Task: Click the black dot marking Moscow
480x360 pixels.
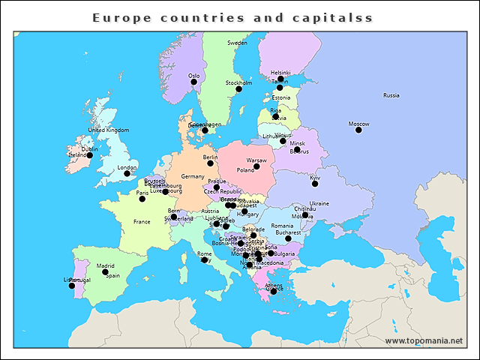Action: [358, 130]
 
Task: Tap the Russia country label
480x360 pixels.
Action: [391, 95]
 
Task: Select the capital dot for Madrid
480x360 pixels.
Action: [105, 272]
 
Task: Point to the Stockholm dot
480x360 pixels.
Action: [239, 89]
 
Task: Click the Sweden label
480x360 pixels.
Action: [237, 43]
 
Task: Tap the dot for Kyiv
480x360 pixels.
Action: [315, 184]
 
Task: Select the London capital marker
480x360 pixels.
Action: [127, 174]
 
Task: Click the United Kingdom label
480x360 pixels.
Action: [109, 130]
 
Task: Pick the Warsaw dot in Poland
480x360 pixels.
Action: [256, 167]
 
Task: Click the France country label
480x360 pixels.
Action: [142, 222]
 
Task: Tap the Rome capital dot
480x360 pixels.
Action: [204, 260]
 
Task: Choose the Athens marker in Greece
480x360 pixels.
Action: [274, 291]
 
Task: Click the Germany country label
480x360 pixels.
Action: [193, 176]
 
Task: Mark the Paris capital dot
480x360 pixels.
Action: [142, 199]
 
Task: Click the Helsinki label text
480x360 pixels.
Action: [280, 73]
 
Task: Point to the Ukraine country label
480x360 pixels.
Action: [319, 203]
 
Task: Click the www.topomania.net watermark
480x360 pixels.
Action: [424, 340]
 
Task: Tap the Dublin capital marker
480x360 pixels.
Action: [89, 155]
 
